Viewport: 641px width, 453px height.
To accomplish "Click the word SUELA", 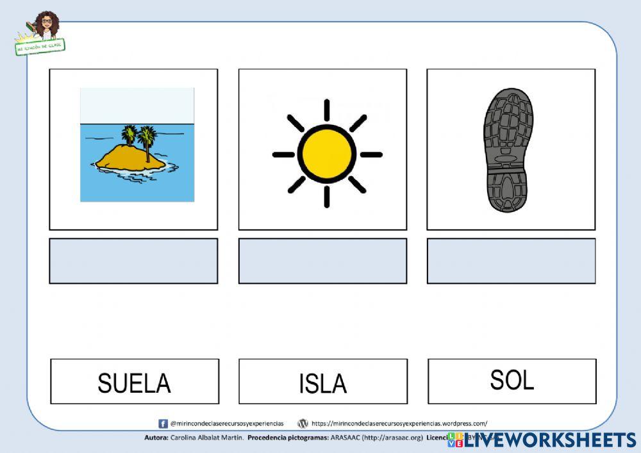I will click(134, 383).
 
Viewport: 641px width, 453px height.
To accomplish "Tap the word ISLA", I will click(322, 383).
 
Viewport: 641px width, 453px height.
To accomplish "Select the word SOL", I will click(512, 380).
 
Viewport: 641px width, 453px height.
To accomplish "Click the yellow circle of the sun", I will click(327, 154).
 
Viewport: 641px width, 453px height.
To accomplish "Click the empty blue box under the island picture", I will click(133, 261).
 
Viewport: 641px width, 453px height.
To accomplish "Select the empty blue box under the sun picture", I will click(322, 261).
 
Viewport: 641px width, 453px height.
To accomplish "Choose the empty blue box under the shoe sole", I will click(511, 261).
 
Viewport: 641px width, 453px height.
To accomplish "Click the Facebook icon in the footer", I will click(163, 424).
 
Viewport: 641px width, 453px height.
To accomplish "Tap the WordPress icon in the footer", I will click(303, 424).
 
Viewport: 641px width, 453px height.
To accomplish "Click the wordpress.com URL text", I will click(399, 424).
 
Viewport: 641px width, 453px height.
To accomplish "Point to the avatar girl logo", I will click(45, 26).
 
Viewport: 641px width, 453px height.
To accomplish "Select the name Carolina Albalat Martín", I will click(207, 438).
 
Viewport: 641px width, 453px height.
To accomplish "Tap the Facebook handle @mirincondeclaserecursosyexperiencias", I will click(227, 424).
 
